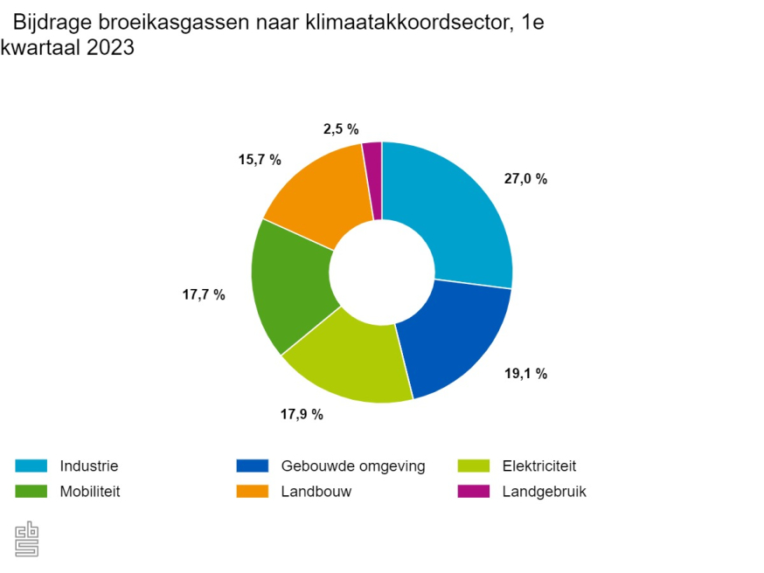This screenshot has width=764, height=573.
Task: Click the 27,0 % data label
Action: [x=525, y=179]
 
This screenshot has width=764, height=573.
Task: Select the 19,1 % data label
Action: [x=525, y=374]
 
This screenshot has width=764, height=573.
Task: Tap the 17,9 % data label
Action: [x=302, y=414]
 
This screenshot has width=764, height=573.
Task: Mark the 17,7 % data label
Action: [x=204, y=295]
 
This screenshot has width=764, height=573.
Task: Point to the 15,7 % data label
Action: [x=260, y=160]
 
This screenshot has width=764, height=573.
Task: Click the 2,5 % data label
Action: [x=341, y=129]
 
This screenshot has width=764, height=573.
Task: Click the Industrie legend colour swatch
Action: [x=31, y=466]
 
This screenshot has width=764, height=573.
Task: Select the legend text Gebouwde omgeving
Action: [x=352, y=466]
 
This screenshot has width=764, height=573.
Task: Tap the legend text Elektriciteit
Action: [x=539, y=466]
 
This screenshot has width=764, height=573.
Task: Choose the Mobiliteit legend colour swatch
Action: [x=31, y=491]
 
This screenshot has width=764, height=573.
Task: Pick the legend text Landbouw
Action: [x=316, y=491]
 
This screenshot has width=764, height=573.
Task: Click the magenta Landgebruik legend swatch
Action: [x=473, y=491]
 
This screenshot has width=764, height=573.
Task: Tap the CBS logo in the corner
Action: [x=27, y=538]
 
